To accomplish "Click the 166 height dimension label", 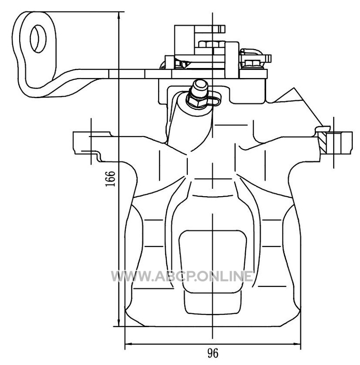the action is (x=110, y=178).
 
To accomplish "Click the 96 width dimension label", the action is (x=213, y=353).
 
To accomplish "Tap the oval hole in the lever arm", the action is (x=38, y=39).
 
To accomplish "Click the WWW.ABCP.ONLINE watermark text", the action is (x=182, y=276).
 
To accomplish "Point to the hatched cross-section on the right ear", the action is (x=323, y=142).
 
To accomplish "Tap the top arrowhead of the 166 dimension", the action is (x=119, y=16).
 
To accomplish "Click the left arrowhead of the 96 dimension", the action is (x=129, y=344).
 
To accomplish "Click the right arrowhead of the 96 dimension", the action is (x=296, y=344).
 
